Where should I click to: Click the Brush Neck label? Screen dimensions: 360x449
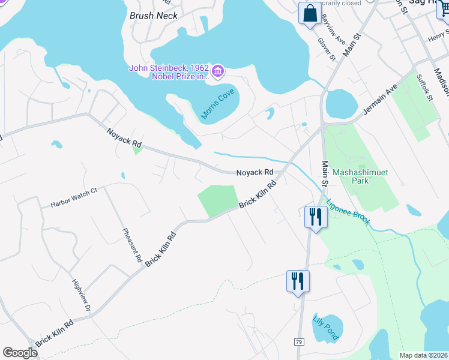coord(154,16)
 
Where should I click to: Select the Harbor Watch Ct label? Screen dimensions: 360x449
coord(74,196)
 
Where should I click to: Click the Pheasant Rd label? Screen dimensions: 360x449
coord(131,246)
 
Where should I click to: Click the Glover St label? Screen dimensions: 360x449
coord(326,49)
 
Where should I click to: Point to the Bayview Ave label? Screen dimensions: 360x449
coord(333,29)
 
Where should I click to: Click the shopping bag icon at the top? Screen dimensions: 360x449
coord(310,14)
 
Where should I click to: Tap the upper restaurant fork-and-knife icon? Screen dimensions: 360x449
coord(315,217)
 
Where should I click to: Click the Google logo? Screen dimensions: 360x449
coord(20,353)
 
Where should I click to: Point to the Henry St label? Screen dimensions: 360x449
coord(438,37)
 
